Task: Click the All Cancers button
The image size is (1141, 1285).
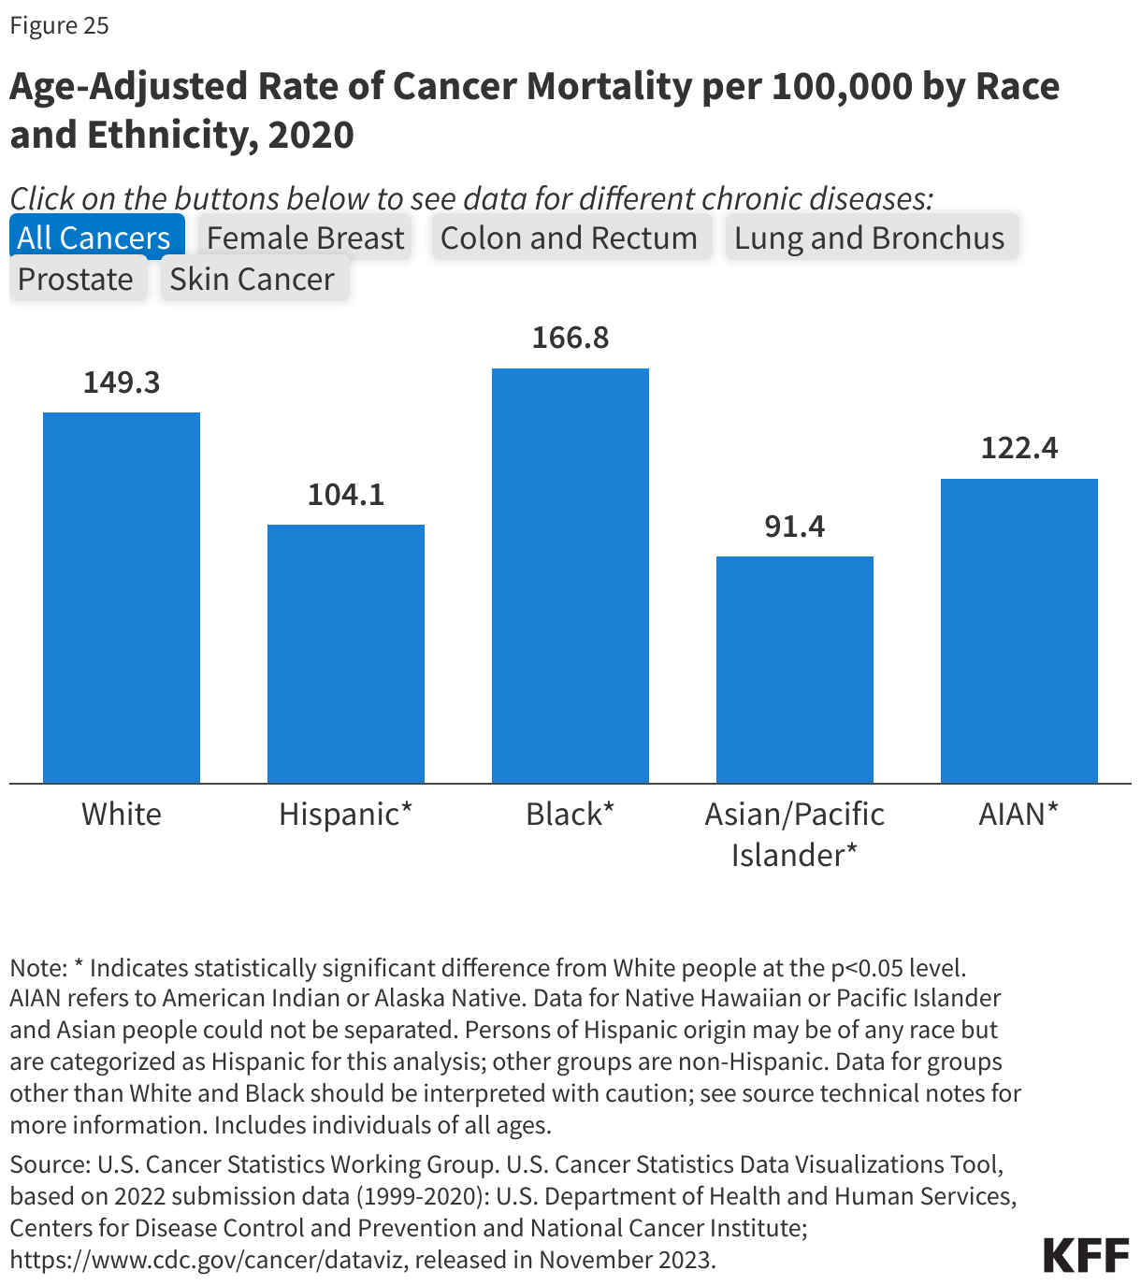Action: coord(94,238)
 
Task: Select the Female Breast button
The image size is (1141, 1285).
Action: coord(305,238)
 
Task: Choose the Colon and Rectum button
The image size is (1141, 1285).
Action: coord(569,238)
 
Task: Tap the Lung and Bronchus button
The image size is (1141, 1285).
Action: coord(869,238)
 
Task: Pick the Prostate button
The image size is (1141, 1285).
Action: coord(76,279)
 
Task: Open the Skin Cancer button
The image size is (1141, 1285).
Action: coord(253,279)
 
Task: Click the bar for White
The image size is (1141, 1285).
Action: coord(122,598)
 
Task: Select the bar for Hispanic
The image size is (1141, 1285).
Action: coord(346,654)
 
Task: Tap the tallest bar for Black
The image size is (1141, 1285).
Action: coord(570,575)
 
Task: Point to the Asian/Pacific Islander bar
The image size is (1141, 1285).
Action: coord(795,670)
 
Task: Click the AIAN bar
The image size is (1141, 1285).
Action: coord(1018,630)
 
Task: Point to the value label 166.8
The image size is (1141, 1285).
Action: coord(570,338)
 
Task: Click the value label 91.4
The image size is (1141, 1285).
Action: coord(795,527)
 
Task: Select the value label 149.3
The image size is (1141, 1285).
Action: coord(122,383)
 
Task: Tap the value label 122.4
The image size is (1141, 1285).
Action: coord(1018,448)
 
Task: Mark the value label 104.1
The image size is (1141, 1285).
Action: coord(346,495)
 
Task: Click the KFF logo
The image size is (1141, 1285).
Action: coord(1086,1255)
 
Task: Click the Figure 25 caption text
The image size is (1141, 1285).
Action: coord(60,25)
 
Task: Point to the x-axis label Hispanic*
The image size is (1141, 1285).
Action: coord(345,814)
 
